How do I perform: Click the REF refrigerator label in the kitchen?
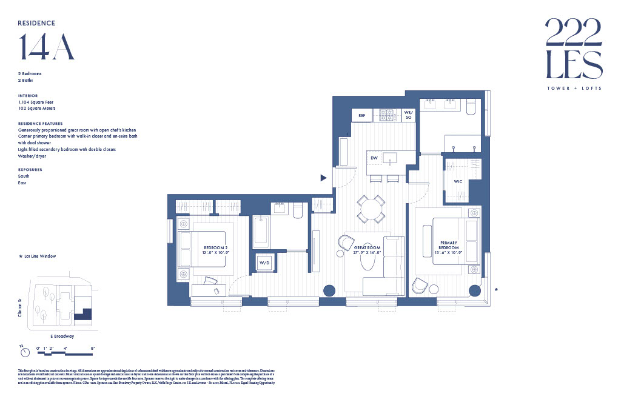[361, 115]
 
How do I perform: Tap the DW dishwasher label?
[375, 158]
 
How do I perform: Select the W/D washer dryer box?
[264, 263]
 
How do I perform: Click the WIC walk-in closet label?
[458, 182]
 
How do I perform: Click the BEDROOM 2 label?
[215, 249]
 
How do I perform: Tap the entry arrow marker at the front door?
[324, 178]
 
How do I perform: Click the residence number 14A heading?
[47, 47]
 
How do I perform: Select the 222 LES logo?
[573, 49]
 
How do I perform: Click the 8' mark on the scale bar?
[92, 347]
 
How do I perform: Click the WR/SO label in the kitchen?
[408, 115]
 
